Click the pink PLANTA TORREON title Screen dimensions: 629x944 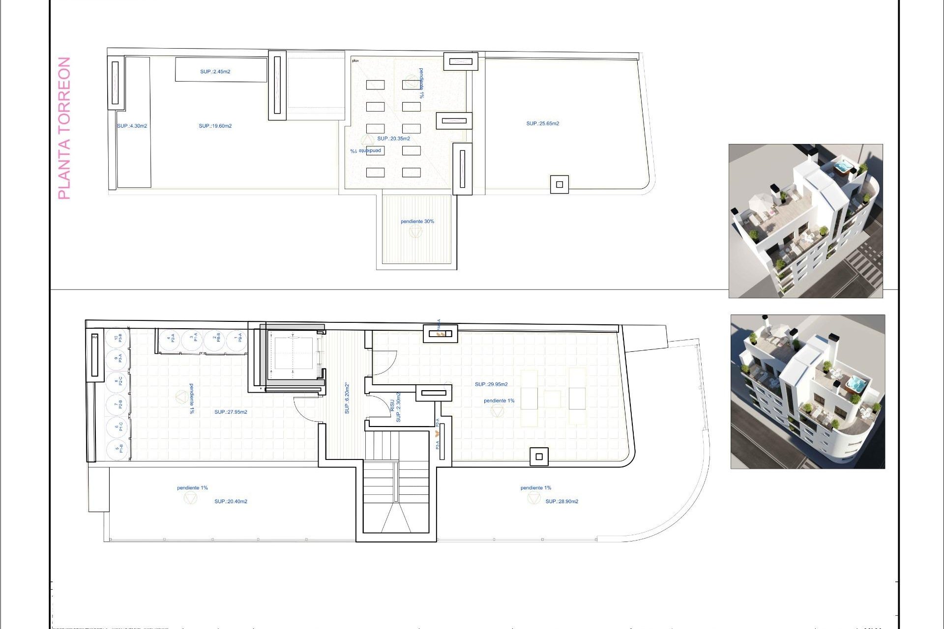point(64,128)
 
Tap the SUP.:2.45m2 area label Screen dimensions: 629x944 point(215,72)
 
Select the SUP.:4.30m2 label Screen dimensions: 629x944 point(132,126)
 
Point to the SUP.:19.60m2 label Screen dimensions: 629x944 point(215,126)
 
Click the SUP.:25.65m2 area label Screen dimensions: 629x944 point(542,124)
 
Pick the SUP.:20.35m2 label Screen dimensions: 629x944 point(393,139)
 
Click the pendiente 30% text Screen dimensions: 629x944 point(417,222)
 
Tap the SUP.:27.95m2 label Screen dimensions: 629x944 point(231,412)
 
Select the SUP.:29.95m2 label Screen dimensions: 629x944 point(491,384)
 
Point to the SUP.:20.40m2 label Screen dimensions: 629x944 point(231,502)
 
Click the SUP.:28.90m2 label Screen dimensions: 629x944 point(561,502)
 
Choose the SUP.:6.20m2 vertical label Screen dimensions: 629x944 point(347,398)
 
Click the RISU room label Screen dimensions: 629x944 point(392,405)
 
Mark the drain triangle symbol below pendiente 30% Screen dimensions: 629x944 point(415,232)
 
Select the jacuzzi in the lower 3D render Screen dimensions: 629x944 point(854,383)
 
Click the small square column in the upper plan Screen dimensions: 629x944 point(559,185)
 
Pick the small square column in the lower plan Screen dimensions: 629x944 point(539,457)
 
